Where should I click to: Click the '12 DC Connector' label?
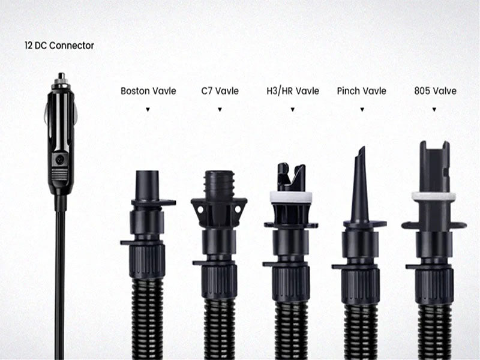point(59,46)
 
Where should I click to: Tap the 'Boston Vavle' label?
point(148,91)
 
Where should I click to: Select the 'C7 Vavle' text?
point(220,91)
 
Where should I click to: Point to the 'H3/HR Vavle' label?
point(293,91)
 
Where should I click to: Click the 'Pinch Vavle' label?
point(362,91)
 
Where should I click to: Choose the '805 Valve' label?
point(435,91)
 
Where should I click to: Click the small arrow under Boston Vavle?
point(148,110)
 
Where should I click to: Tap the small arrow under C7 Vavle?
point(220,110)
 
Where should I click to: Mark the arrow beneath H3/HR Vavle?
point(293,110)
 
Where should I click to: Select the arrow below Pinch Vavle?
point(362,110)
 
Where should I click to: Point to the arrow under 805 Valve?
point(434,110)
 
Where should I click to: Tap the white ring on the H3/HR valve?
point(291,197)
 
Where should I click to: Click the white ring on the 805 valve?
point(433,197)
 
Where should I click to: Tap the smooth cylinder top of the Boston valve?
point(147,185)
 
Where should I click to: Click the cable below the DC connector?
point(61,284)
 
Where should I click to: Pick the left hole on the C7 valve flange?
point(200,209)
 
